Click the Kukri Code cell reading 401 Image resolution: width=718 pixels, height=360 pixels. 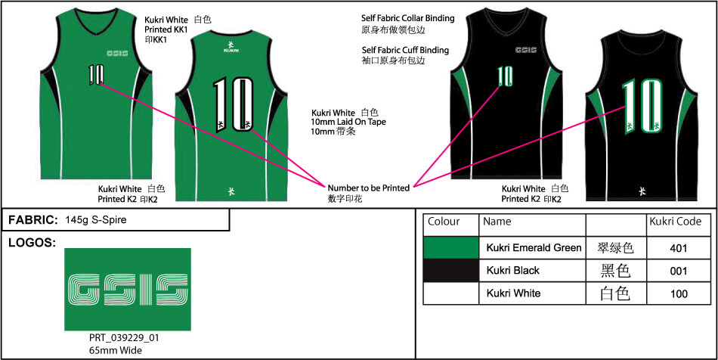tap(678, 247)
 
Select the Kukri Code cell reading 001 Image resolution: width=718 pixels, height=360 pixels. tap(678, 271)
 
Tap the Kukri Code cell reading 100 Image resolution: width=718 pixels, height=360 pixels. tap(678, 293)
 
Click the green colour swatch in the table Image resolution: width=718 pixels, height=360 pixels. tap(451, 247)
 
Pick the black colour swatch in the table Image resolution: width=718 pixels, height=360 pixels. tap(451, 271)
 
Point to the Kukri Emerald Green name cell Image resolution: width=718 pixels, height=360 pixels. tap(534, 247)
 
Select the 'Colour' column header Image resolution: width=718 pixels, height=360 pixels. tap(444, 222)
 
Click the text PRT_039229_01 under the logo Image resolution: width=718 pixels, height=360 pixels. tap(124, 338)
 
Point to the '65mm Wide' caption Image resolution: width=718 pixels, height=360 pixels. tap(116, 350)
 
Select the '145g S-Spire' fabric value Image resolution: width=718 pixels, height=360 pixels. tap(96, 220)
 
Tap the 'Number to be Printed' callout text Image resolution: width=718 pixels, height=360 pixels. tap(368, 188)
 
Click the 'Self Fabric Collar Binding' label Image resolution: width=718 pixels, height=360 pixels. tap(408, 18)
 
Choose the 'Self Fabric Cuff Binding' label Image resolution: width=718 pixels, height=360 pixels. tap(405, 50)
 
